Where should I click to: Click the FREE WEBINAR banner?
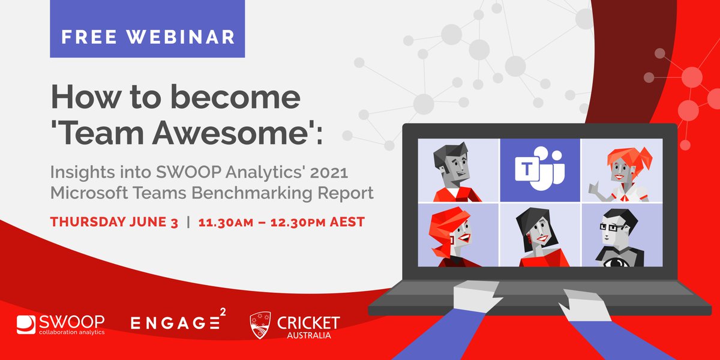[147, 37]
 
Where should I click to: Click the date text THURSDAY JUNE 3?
[114, 222]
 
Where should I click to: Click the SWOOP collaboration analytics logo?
[61, 324]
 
